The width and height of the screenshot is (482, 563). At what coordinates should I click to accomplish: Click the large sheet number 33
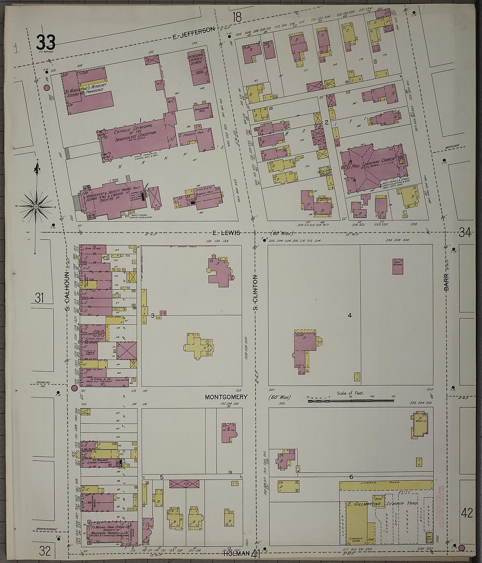tap(46, 43)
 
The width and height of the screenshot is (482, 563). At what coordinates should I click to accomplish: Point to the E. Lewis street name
tap(227, 233)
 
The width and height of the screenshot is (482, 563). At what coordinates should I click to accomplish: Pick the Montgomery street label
tap(226, 397)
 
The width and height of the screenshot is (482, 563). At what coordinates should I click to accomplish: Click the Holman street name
tap(238, 553)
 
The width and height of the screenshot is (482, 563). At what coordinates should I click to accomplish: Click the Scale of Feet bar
tap(350, 400)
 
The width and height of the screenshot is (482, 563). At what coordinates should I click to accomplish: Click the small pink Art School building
tap(398, 266)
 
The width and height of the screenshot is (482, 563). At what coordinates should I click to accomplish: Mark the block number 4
tap(350, 315)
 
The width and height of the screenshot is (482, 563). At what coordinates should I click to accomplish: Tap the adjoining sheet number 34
tap(465, 232)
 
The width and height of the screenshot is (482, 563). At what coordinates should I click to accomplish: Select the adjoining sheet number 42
tap(467, 513)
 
